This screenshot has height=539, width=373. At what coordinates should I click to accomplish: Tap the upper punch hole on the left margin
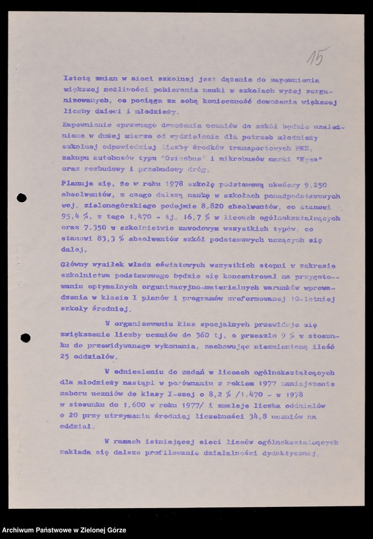pos(21,198)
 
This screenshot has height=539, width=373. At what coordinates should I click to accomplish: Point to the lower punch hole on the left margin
pos(25,338)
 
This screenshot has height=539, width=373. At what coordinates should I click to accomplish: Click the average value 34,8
pos(255,418)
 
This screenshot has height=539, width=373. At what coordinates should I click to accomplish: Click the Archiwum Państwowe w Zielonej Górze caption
pos(64,531)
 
